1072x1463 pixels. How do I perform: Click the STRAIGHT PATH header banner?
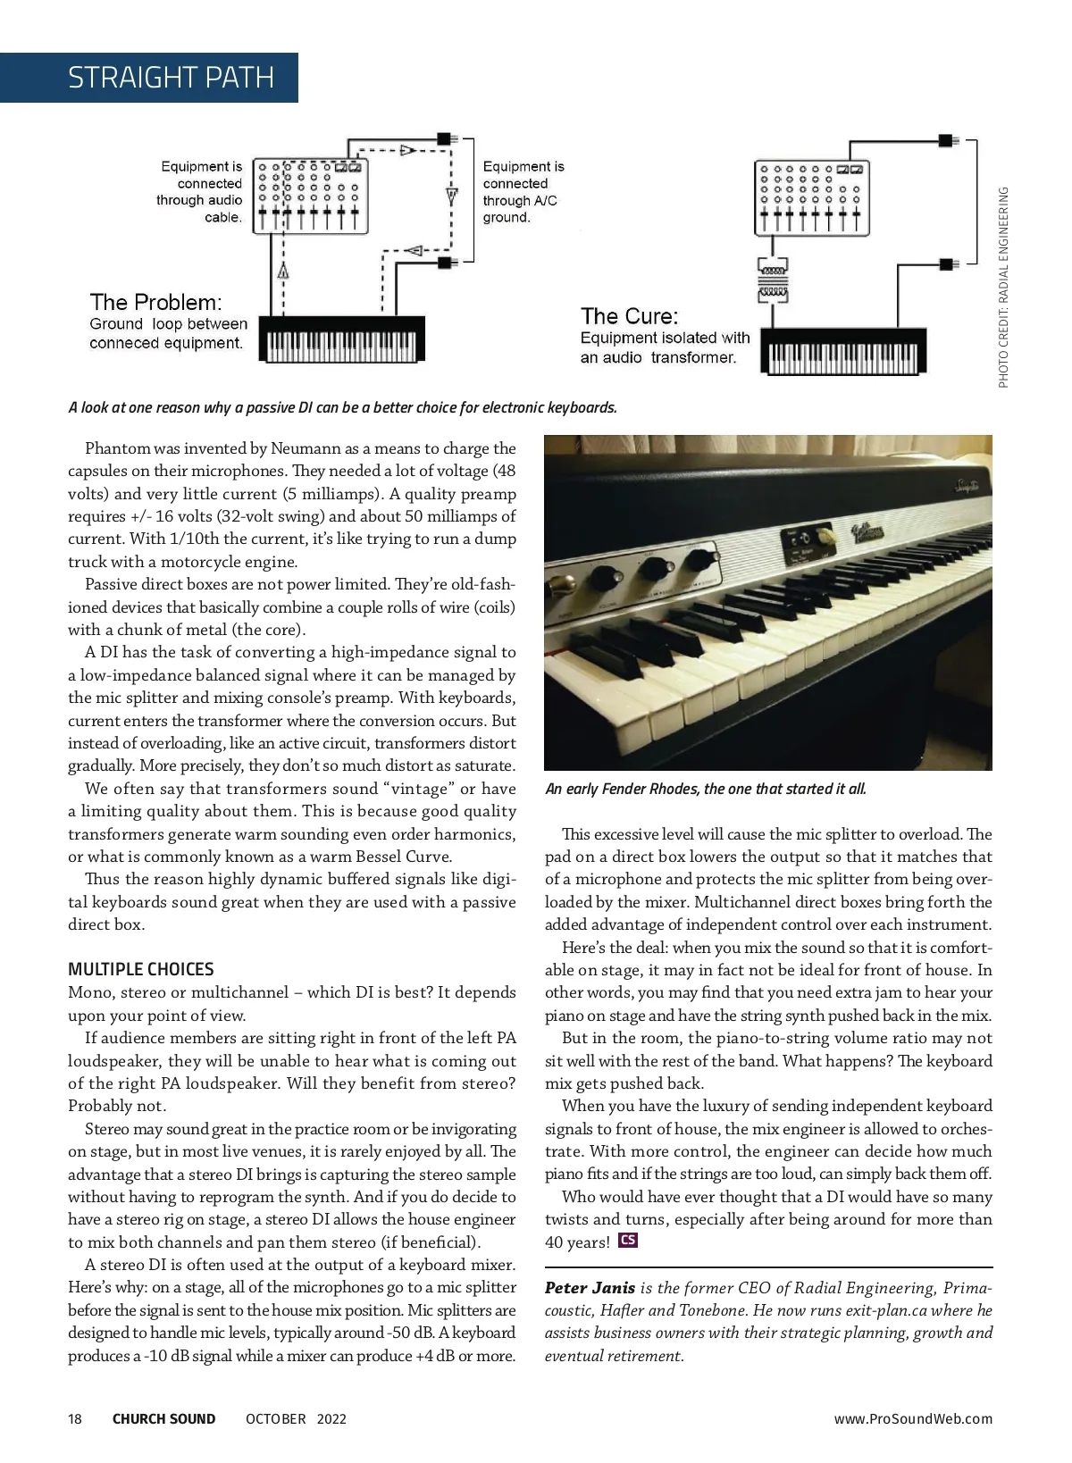pos(170,78)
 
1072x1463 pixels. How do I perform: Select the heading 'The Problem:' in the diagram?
pos(155,303)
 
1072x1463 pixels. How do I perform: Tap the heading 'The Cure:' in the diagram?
pos(629,316)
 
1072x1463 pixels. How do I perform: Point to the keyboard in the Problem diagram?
pos(341,340)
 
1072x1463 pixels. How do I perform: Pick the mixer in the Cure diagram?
pos(811,197)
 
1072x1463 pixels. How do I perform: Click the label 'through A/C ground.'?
pos(519,209)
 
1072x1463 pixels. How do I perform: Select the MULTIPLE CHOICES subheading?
pos(141,969)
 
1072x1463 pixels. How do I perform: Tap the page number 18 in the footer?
pos(75,1419)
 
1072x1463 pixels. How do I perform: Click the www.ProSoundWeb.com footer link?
pos(913,1419)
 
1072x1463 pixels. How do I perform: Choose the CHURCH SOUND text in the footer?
pos(163,1419)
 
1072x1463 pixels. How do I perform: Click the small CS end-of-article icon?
pos(628,1241)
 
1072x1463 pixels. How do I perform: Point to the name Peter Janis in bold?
pos(590,1288)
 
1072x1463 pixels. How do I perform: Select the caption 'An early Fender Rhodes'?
pos(705,789)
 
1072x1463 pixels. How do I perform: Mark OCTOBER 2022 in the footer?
pos(296,1419)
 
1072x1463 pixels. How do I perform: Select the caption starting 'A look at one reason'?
pos(342,408)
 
